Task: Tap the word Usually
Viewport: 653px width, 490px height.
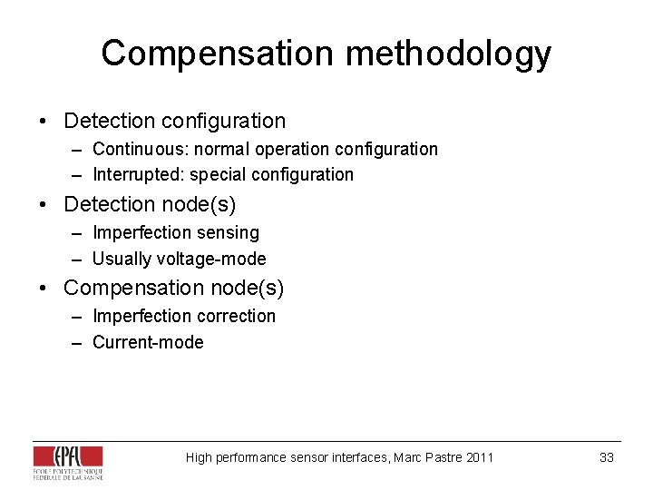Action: (x=122, y=259)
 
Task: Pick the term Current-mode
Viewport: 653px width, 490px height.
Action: (x=148, y=342)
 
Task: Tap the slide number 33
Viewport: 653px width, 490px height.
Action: (x=607, y=457)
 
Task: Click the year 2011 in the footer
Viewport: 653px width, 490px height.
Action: (x=480, y=457)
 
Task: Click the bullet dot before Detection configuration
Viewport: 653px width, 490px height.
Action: (x=42, y=121)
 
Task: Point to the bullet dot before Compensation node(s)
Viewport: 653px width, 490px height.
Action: (x=42, y=289)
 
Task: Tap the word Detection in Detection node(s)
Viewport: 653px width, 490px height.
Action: (x=110, y=204)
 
